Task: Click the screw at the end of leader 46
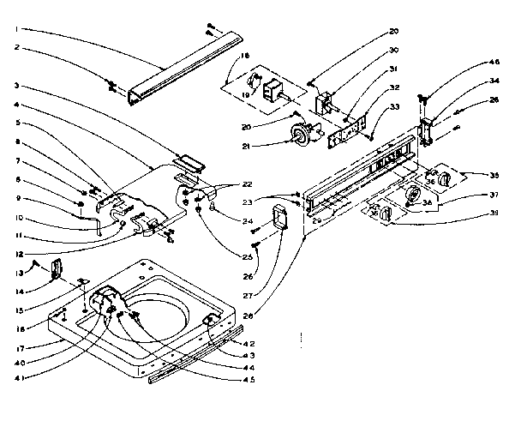point(422,98)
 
